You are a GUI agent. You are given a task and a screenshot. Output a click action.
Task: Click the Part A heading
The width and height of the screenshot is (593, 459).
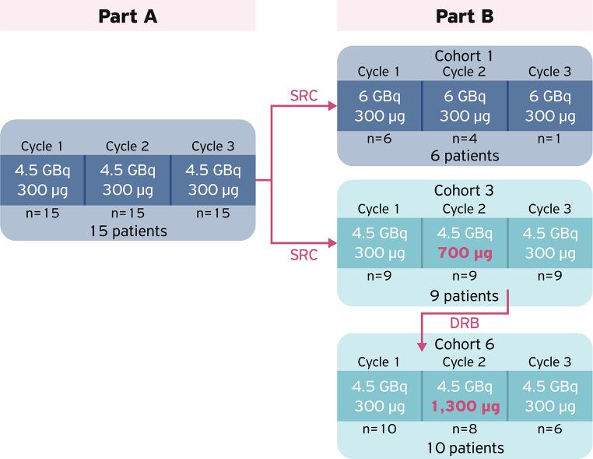click(x=128, y=16)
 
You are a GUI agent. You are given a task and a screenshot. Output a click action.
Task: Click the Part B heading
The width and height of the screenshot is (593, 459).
click(x=465, y=16)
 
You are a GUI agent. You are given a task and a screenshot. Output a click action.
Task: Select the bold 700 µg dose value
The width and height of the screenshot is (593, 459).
click(x=465, y=252)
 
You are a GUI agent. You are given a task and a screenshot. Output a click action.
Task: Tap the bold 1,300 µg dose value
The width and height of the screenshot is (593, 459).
click(x=465, y=406)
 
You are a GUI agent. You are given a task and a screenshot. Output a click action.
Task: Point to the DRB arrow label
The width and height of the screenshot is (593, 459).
click(x=465, y=323)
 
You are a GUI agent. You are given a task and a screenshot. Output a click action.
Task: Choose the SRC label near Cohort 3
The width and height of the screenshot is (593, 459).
click(x=303, y=255)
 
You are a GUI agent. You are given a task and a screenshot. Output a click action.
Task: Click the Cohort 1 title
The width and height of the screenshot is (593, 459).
click(x=465, y=57)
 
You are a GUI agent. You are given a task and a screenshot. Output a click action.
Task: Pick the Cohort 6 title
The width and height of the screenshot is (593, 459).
click(x=465, y=344)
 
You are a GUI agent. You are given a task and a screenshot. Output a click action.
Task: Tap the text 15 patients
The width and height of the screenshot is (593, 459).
click(x=128, y=231)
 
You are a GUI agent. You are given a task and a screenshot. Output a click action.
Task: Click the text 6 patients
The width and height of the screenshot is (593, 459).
click(x=465, y=155)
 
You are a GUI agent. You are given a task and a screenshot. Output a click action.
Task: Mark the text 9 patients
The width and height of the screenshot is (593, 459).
click(x=465, y=295)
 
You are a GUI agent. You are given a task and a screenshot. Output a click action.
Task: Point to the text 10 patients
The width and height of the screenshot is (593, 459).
click(x=465, y=447)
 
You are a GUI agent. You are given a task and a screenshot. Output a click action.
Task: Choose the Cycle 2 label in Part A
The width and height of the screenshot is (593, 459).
click(x=128, y=147)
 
